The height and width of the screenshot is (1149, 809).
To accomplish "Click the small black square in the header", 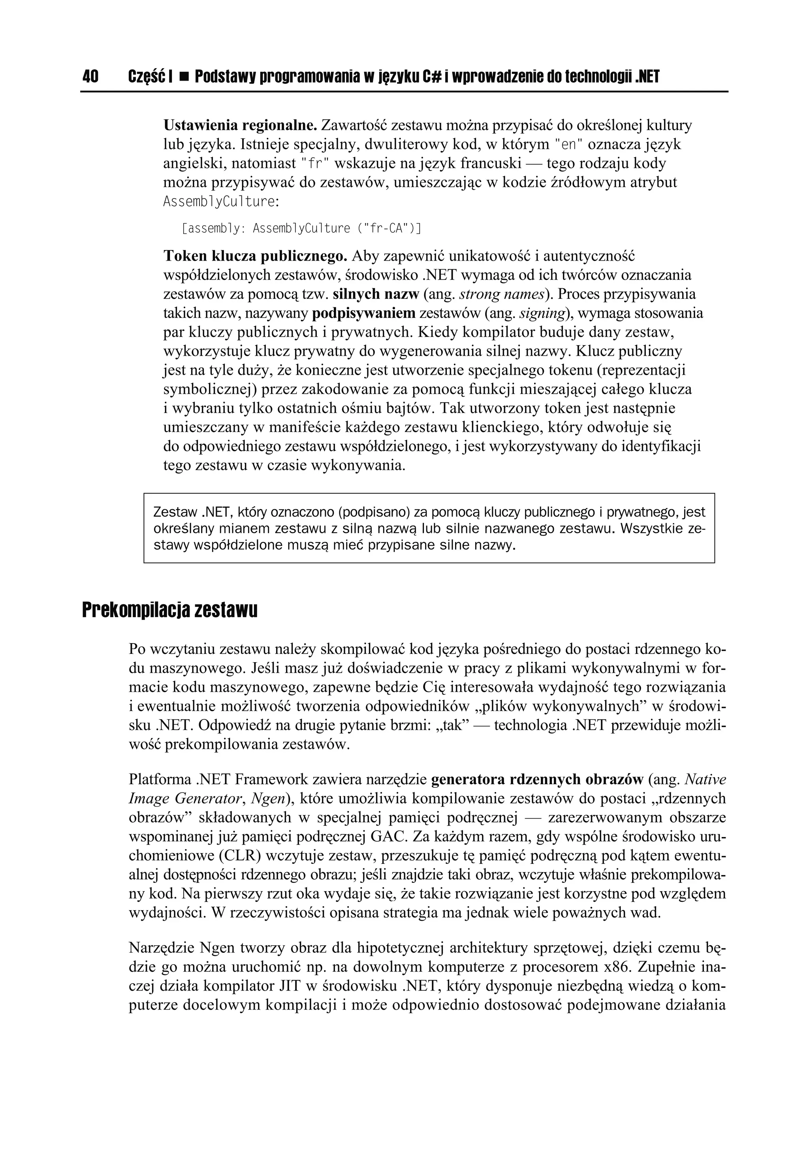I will point(183,77).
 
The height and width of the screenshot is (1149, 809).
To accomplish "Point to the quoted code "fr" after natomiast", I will point(314,163).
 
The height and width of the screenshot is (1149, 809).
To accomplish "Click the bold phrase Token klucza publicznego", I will point(255,256).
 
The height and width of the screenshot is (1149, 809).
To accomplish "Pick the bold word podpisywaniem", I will point(363,313).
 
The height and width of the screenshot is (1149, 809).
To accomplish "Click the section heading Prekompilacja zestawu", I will point(170,610).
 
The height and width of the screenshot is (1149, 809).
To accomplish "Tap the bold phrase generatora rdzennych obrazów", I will point(537,780).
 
